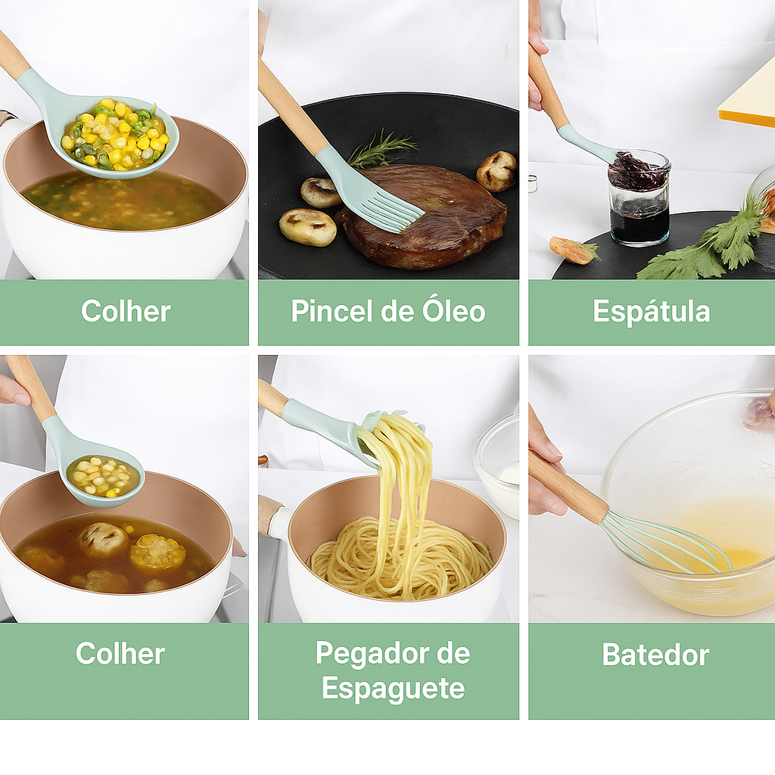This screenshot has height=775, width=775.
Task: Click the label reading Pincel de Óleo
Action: pyautogui.click(x=388, y=311)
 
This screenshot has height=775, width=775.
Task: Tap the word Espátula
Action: pyautogui.click(x=651, y=311)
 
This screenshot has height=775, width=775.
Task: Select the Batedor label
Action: pyautogui.click(x=655, y=655)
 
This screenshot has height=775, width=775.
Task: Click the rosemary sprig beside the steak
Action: pyautogui.click(x=381, y=149)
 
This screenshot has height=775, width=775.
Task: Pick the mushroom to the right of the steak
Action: pyautogui.click(x=496, y=170)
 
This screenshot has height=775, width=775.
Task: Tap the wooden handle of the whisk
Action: pyautogui.click(x=568, y=485)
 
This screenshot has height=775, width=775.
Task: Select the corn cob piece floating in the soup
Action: pyautogui.click(x=157, y=551)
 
